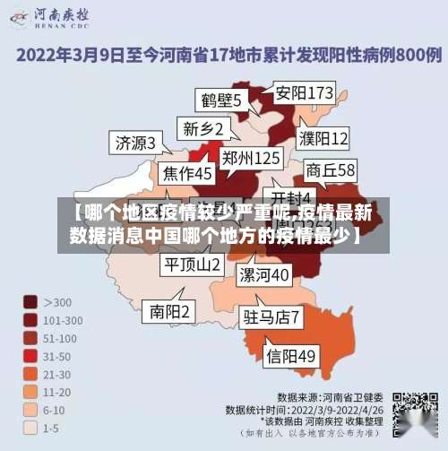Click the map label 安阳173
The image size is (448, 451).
coord(304,92)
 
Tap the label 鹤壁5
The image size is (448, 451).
coord(220,100)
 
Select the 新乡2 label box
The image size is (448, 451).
coord(202,127)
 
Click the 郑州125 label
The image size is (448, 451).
coord(251,158)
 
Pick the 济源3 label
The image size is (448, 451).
coord(135,143)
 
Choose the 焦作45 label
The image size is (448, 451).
coord(187,172)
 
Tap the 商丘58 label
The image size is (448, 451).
coord(331,169)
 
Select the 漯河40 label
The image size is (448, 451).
coord(264,273)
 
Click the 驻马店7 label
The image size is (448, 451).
coord(272,317)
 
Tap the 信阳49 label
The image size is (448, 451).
coord(291,356)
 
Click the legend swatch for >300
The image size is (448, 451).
coord(30,302)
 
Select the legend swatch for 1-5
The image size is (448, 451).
coord(30,429)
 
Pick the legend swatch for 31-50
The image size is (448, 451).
coord(30,356)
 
